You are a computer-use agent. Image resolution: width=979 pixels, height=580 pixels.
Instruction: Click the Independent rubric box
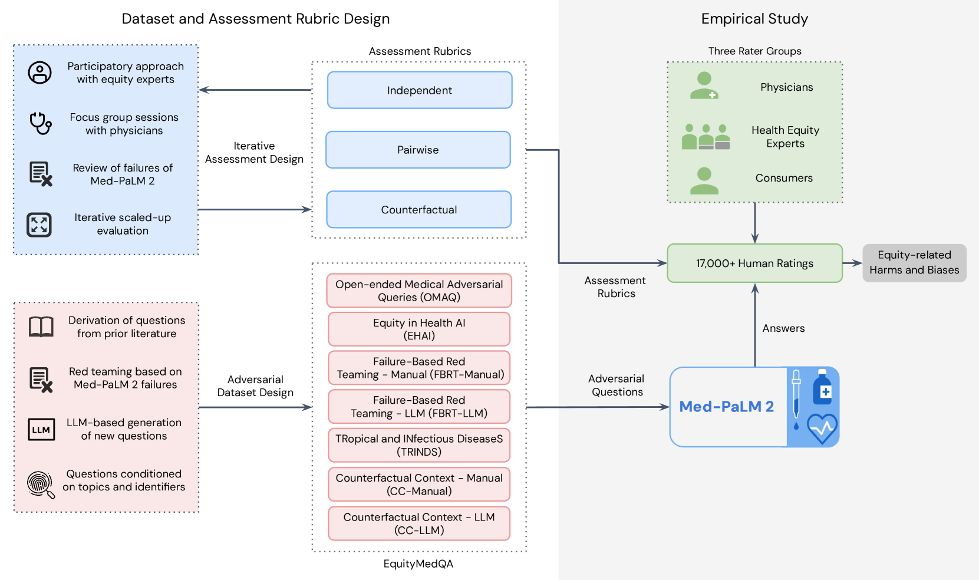420,90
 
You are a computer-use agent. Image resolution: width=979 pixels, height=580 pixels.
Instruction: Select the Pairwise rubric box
418,150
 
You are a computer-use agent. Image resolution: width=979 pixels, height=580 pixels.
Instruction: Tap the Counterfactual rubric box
418,209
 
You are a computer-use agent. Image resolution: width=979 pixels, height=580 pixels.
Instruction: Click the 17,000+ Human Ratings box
754,263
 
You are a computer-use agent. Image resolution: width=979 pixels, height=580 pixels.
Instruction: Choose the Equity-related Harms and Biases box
914,263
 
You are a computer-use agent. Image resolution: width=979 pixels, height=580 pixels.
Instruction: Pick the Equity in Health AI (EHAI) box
419,329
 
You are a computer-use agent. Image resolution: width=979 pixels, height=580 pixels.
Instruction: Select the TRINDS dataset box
419,445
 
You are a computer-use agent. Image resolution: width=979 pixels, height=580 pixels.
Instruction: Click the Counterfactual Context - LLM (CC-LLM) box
419,523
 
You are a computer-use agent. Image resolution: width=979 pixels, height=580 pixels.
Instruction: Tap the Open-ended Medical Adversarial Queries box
419,291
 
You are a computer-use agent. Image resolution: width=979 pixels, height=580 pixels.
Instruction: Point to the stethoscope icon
41,123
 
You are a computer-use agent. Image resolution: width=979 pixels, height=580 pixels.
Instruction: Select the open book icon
41,327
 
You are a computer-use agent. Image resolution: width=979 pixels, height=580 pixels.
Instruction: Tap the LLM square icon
41,430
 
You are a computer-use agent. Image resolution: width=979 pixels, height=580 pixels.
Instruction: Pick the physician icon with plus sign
704,86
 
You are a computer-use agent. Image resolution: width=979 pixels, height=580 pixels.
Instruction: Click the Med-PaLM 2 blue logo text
726,407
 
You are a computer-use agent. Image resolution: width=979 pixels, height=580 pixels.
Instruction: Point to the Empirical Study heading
754,19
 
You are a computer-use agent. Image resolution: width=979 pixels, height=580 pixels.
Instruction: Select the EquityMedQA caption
418,564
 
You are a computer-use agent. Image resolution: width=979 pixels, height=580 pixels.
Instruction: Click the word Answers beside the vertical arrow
783,328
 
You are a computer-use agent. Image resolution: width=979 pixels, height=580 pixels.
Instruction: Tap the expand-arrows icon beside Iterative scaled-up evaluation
39,225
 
